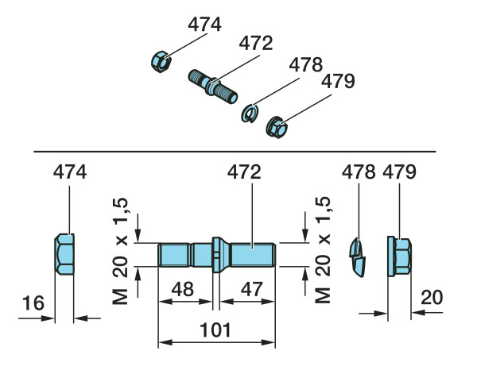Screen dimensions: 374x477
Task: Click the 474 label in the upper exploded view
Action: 205,25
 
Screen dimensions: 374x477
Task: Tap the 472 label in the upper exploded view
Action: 256,44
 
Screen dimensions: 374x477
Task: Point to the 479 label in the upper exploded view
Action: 337,82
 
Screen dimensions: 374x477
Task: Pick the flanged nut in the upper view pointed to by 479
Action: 277,126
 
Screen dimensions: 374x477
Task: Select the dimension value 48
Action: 182,290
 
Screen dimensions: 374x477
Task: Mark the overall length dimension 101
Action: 216,329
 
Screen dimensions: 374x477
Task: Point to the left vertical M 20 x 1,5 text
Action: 122,255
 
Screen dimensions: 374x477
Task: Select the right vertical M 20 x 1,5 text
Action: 321,255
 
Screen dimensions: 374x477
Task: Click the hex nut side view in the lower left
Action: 64,256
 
